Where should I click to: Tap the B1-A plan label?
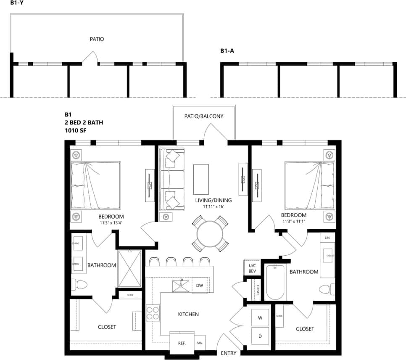[x=227, y=51]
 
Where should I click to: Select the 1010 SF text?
[x=74, y=130]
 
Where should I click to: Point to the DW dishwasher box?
[x=200, y=286]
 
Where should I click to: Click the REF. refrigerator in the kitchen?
[x=182, y=343]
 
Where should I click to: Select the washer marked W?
[x=260, y=318]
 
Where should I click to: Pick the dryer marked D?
[x=260, y=336]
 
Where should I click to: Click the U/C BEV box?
[x=252, y=268]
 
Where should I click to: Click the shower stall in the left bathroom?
[x=129, y=270]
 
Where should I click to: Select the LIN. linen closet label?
[x=328, y=238]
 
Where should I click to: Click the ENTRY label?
[x=229, y=353]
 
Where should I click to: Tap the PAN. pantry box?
[x=200, y=343]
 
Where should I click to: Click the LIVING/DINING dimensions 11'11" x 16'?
[x=213, y=206]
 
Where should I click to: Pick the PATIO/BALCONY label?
[x=204, y=116]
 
